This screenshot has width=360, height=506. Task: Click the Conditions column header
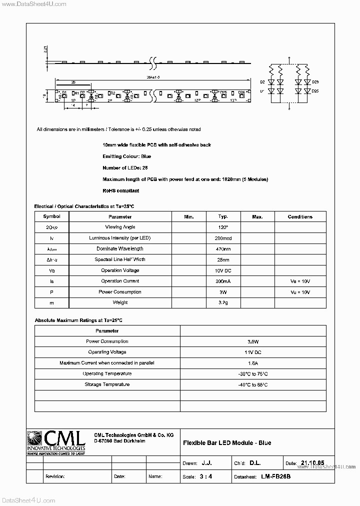point(300,216)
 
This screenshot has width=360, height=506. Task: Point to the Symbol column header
point(51,216)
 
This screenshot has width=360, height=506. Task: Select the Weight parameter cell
point(120,302)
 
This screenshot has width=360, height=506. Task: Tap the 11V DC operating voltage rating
point(253,352)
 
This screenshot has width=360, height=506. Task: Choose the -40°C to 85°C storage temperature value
point(253,384)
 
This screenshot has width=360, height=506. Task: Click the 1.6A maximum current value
point(253,363)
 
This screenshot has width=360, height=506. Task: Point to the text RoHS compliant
point(120,190)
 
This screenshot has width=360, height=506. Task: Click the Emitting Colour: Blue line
point(127,156)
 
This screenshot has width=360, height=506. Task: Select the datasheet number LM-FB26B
point(275,476)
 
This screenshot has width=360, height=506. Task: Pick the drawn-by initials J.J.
point(206,463)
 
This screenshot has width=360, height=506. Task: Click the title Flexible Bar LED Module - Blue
point(227,443)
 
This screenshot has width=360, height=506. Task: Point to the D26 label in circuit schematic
point(315,81)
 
